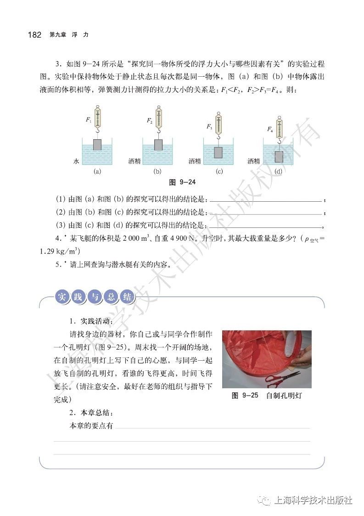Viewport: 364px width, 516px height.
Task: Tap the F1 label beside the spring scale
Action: [89, 120]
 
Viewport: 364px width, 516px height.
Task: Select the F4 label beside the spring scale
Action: [270, 130]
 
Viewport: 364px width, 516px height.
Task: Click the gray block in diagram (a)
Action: [97, 145]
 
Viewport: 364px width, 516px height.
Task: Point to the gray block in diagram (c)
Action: [219, 153]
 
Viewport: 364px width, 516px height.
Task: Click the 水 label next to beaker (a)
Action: [76, 161]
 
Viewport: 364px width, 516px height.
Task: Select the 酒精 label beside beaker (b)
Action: [134, 161]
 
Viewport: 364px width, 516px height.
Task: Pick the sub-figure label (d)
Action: [278, 172]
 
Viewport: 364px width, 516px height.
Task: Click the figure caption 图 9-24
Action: [182, 182]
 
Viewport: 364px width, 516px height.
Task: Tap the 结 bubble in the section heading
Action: [127, 296]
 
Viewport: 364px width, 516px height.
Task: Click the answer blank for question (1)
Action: [266, 200]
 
